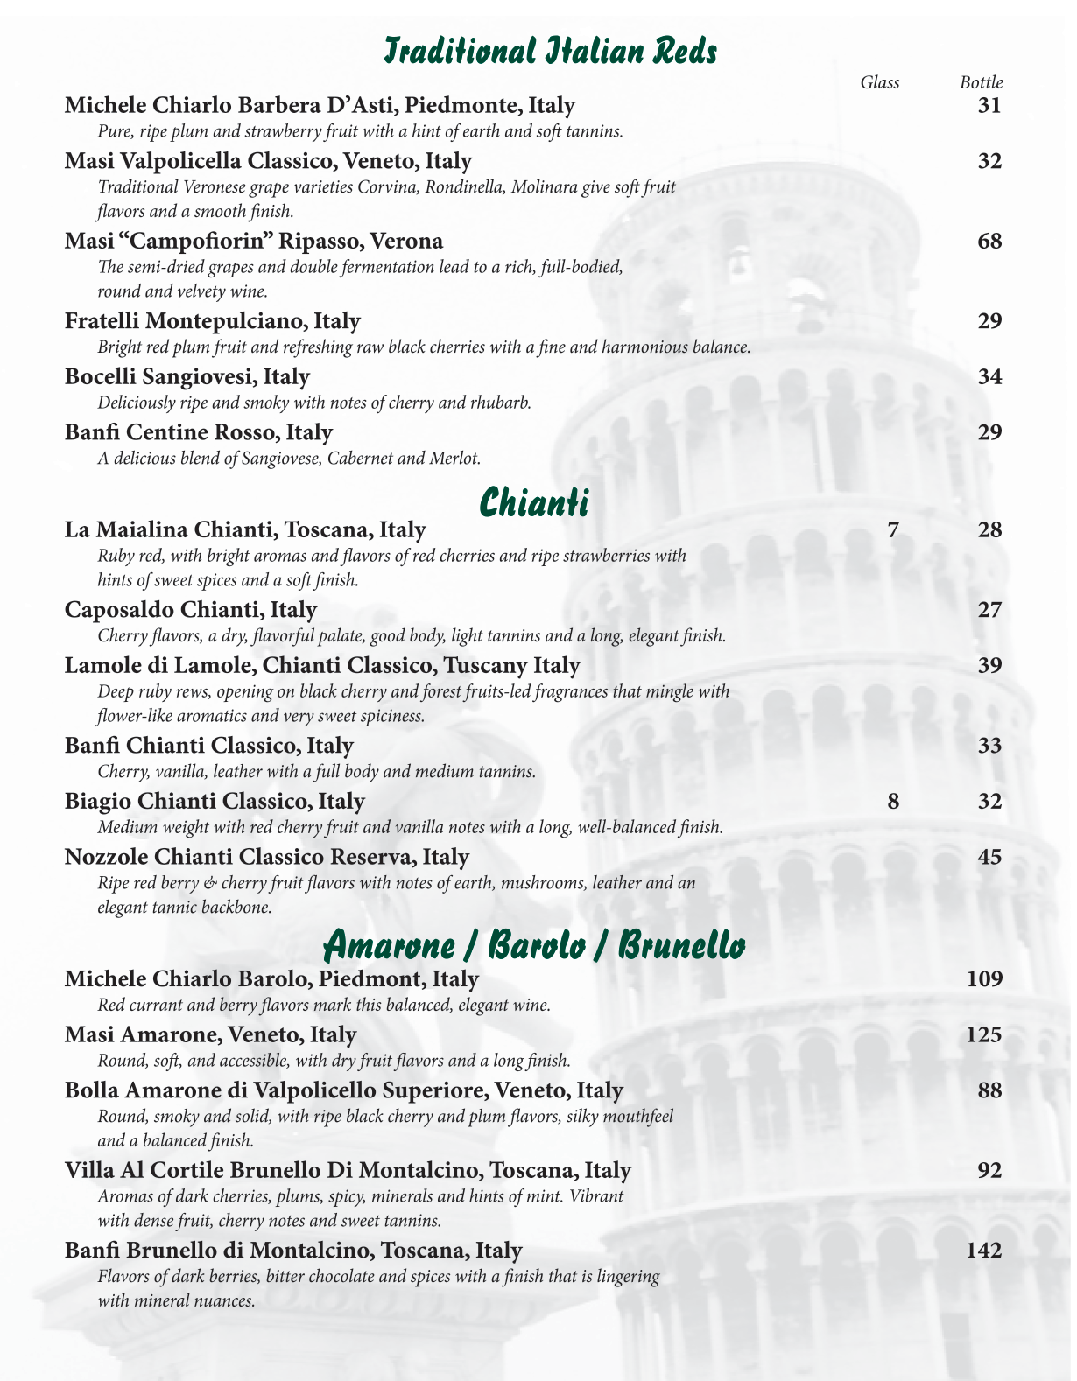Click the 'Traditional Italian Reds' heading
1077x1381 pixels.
click(551, 51)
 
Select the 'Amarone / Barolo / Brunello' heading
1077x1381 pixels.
click(534, 946)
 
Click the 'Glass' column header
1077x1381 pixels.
click(880, 82)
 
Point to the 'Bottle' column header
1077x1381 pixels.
click(981, 82)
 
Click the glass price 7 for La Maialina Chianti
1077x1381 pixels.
click(893, 529)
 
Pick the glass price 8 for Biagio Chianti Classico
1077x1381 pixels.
click(893, 801)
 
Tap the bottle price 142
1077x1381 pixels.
click(983, 1251)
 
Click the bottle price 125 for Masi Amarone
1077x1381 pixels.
click(983, 1034)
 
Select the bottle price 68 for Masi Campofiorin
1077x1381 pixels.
click(989, 241)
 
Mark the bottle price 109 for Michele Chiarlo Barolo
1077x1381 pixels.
click(983, 978)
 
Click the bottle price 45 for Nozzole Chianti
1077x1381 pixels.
click(989, 856)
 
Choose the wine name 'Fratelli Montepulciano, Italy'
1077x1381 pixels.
click(213, 321)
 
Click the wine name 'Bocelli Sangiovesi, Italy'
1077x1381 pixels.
click(187, 376)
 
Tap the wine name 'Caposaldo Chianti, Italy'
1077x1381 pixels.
click(191, 609)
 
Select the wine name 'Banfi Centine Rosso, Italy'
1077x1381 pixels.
click(199, 431)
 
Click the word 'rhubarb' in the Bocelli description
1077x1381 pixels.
click(503, 403)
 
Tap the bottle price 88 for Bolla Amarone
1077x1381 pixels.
click(989, 1090)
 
